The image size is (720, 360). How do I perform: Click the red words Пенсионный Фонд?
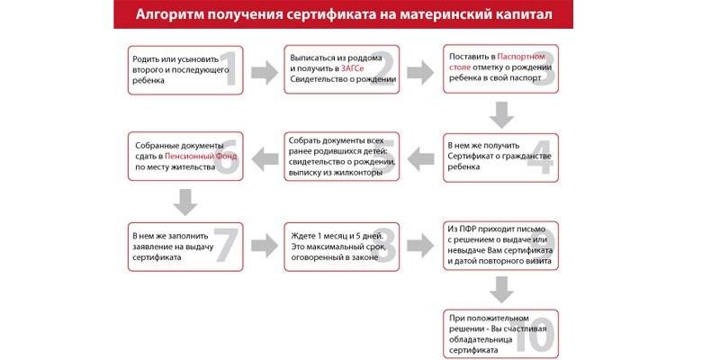pyautogui.click(x=206, y=156)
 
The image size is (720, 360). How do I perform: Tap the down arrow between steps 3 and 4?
pyautogui.click(x=501, y=113)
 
